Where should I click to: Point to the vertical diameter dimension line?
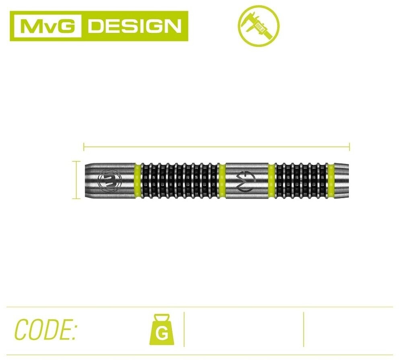point(75,180)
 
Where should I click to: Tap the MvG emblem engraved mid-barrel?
point(247,179)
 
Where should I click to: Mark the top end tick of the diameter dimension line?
point(75,161)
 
